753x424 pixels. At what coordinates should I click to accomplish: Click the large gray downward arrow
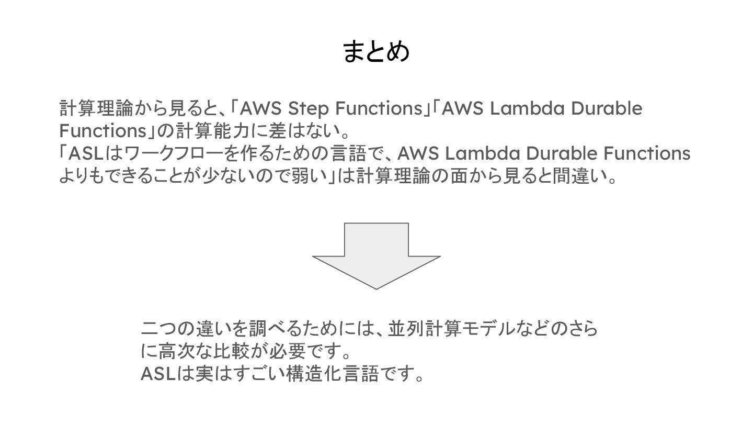coord(376,256)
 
